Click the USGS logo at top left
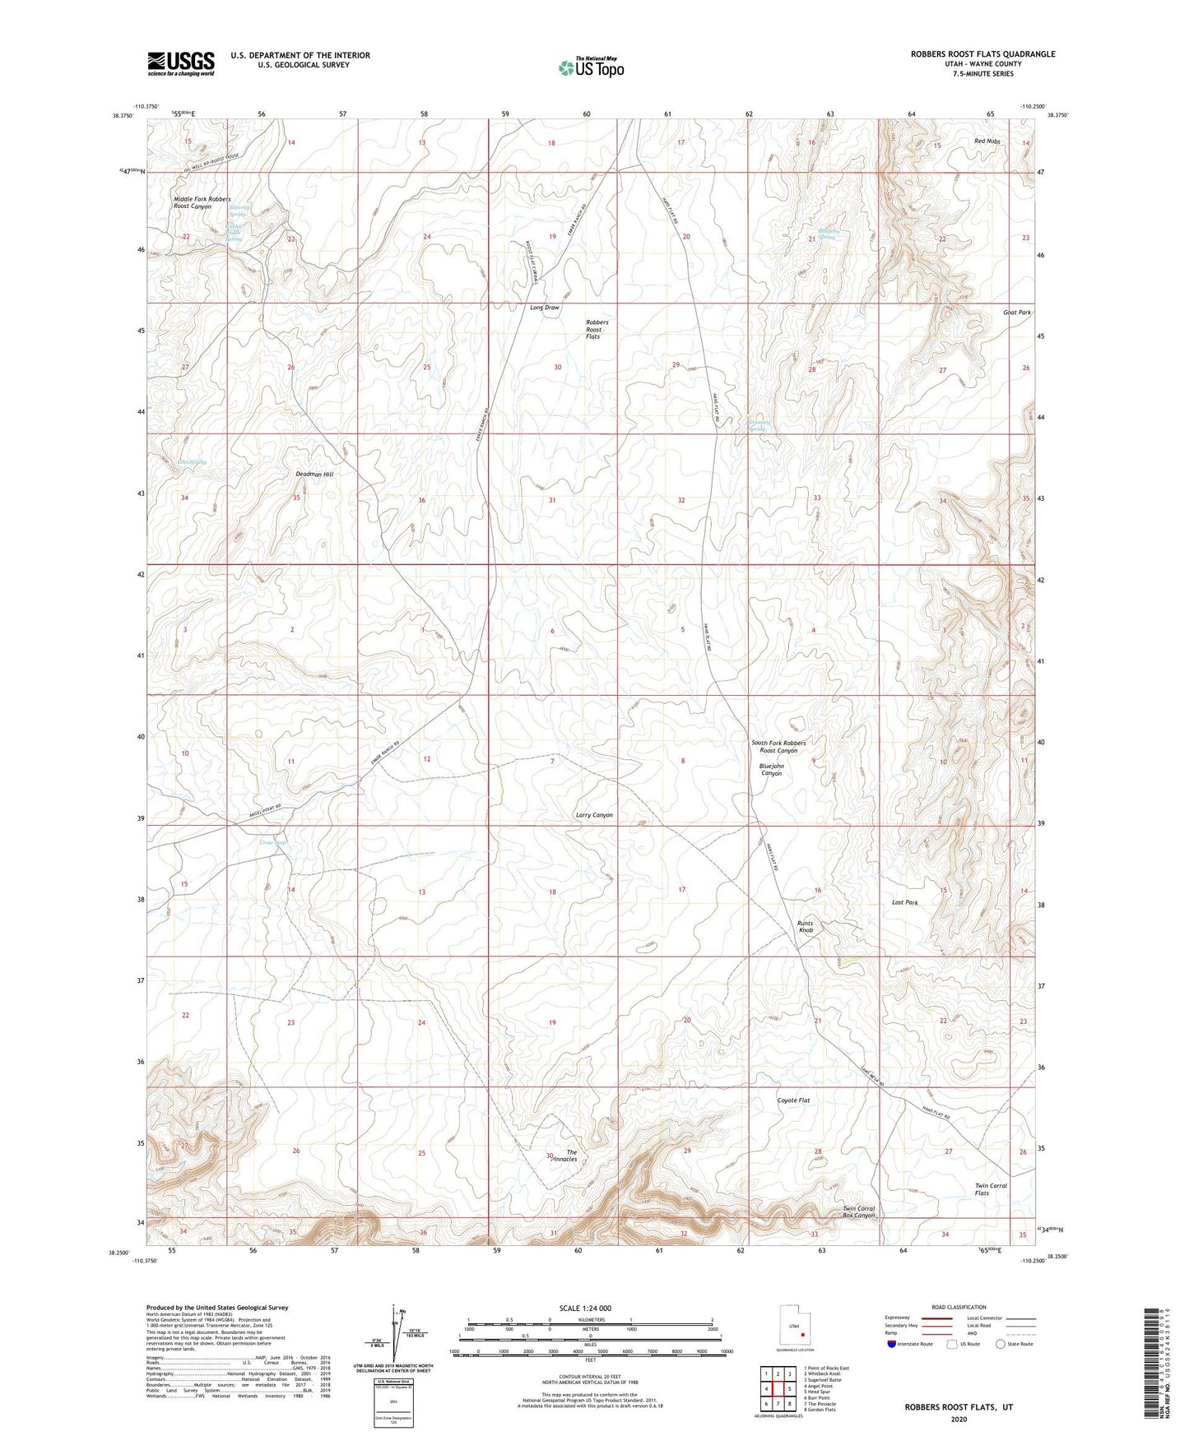(181, 63)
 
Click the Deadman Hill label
(314, 475)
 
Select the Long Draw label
(544, 308)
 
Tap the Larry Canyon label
(593, 815)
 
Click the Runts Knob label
(805, 927)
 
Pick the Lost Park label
(904, 902)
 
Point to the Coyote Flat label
(793, 1100)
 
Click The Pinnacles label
(565, 1156)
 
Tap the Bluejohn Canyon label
(771, 770)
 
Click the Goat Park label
(1016, 313)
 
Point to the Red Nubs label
(987, 141)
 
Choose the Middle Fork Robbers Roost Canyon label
(202, 203)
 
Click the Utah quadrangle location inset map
(794, 1327)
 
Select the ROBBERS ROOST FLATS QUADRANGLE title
(982, 54)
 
